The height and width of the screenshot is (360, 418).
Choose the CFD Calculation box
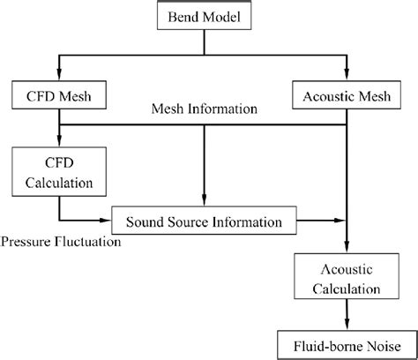(x=58, y=169)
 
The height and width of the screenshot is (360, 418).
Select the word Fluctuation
(x=86, y=241)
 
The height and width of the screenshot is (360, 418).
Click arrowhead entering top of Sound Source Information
(x=205, y=202)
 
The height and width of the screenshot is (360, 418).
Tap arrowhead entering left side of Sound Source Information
(x=108, y=220)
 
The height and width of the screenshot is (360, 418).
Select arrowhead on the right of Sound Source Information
(x=340, y=220)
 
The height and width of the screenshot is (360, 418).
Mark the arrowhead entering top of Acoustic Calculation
(x=350, y=254)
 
